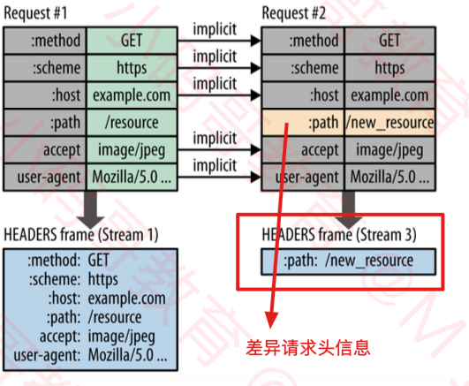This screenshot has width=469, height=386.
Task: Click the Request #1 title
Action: pyautogui.click(x=35, y=14)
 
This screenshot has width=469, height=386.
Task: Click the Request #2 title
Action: pyautogui.click(x=294, y=14)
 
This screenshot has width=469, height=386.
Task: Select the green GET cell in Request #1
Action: pyautogui.click(x=132, y=41)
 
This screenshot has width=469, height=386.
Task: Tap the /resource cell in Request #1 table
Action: pyautogui.click(x=132, y=123)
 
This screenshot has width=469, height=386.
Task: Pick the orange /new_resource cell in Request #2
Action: pyautogui.click(x=390, y=123)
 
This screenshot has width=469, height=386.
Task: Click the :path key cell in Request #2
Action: pyautogui.click(x=303, y=123)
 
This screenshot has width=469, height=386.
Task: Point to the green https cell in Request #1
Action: pyautogui.click(x=132, y=68)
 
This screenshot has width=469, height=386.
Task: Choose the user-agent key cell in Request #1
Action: pyautogui.click(x=44, y=177)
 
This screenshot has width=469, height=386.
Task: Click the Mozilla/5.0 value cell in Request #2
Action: pyautogui.click(x=390, y=177)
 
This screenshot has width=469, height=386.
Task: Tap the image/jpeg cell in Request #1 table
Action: pyautogui.click(x=132, y=149)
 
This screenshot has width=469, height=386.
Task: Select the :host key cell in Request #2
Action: pyautogui.click(x=303, y=95)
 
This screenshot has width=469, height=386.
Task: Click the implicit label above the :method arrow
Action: pyautogui.click(x=215, y=29)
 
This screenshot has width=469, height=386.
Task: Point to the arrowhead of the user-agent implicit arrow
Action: pyautogui.click(x=255, y=177)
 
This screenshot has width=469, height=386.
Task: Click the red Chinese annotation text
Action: pyautogui.click(x=308, y=348)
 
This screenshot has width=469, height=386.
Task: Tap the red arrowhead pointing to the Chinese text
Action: pyautogui.click(x=271, y=320)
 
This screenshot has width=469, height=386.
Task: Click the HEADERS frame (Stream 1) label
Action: pyautogui.click(x=81, y=235)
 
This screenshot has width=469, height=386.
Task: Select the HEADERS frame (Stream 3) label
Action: pyautogui.click(x=339, y=235)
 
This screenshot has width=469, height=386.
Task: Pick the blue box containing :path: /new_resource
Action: pyautogui.click(x=349, y=261)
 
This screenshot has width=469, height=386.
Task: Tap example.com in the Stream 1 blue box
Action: pyautogui.click(x=127, y=299)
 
